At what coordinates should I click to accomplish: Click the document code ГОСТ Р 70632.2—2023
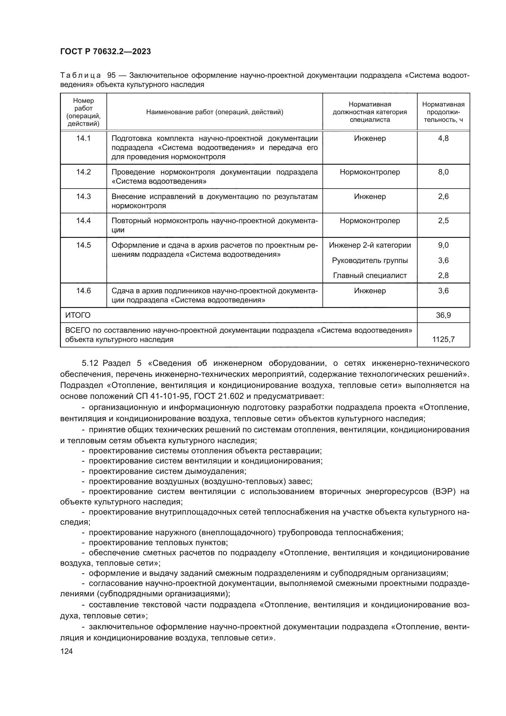(105, 51)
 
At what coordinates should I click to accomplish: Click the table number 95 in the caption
(111, 76)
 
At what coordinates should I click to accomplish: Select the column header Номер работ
(84, 112)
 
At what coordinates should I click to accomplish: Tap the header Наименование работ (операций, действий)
(215, 112)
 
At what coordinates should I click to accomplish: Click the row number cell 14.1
(84, 138)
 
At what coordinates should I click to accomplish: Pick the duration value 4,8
(443, 138)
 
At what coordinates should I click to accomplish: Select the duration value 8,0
(443, 172)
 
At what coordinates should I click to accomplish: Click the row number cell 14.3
(84, 197)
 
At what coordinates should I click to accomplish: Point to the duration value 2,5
(443, 221)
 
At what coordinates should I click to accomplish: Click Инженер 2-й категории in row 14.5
(370, 245)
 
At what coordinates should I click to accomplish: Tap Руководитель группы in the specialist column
(370, 261)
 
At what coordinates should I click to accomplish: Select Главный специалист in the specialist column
(370, 276)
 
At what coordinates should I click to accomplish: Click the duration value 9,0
(443, 245)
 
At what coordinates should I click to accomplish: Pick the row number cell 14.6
(84, 291)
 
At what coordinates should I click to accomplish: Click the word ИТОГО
(78, 315)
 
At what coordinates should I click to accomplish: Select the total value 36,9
(443, 315)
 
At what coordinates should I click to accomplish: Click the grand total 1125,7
(443, 339)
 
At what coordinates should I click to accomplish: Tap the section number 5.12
(90, 363)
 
